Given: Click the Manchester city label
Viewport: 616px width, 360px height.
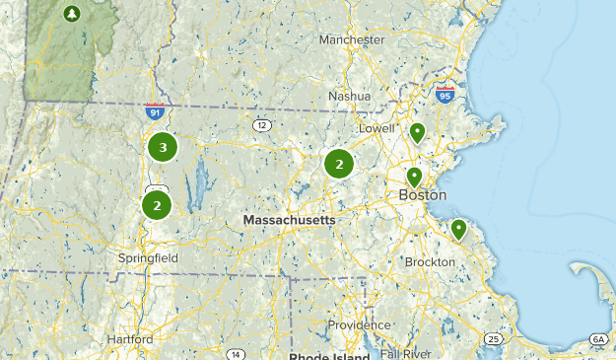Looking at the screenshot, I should [x=351, y=39].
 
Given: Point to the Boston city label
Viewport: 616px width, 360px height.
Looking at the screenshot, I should [x=422, y=195].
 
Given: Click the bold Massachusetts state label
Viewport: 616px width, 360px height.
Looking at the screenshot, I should [x=289, y=220].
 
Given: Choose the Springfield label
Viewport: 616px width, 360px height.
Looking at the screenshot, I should [x=149, y=257].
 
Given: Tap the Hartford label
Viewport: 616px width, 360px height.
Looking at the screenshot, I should [x=130, y=338].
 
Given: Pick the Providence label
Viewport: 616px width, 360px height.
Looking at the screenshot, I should [x=360, y=324].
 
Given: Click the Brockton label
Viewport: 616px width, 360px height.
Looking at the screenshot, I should [x=431, y=262].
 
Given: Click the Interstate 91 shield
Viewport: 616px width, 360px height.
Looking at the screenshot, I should [x=153, y=111].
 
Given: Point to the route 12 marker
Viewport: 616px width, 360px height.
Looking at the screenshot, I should [x=261, y=125].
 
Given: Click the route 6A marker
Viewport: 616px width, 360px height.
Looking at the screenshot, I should [x=598, y=339].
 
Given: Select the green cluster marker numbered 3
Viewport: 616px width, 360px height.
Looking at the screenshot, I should [x=163, y=148].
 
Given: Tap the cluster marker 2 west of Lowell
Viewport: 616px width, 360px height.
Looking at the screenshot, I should [x=339, y=165].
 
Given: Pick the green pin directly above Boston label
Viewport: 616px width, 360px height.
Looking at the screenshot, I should [x=415, y=178].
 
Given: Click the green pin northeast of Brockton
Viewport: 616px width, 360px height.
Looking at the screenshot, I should [x=458, y=230].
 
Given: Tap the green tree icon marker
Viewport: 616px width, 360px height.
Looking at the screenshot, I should [x=71, y=14].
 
